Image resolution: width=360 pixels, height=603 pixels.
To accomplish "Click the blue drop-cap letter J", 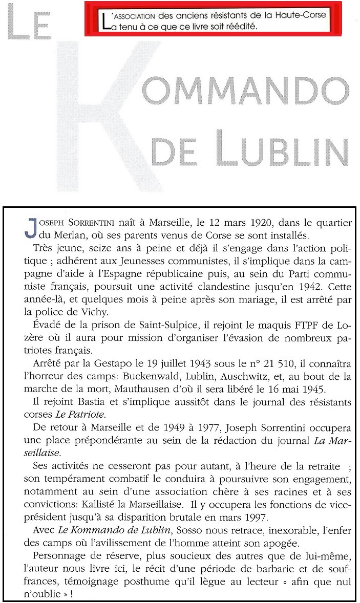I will [x=29, y=226].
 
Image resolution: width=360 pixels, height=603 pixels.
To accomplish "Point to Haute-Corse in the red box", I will [x=301, y=15].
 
